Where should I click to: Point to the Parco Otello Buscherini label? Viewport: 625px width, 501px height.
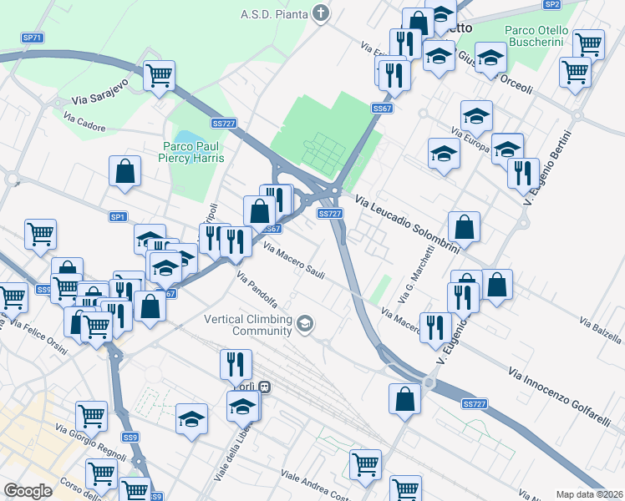click(536, 36)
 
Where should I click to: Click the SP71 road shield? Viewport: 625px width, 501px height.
click(32, 38)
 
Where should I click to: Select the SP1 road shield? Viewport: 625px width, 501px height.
click(118, 216)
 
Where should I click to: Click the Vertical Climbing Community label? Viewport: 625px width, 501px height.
click(250, 325)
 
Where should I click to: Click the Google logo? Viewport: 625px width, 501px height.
click(28, 491)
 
